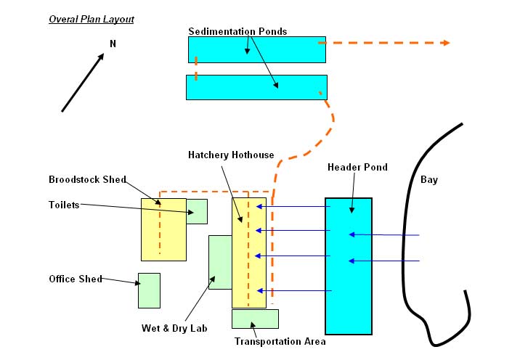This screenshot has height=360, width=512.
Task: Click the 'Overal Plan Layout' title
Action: pyautogui.click(x=91, y=19)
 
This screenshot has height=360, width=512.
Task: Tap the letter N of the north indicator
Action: pyautogui.click(x=113, y=44)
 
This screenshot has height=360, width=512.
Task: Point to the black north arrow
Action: pyautogui.click(x=82, y=83)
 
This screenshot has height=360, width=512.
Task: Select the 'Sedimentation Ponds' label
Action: pyautogui.click(x=237, y=31)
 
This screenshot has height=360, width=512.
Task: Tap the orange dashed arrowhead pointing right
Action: pyautogui.click(x=444, y=43)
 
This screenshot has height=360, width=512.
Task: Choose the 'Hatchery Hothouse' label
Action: pyautogui.click(x=231, y=155)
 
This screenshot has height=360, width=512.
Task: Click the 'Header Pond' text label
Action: pyautogui.click(x=357, y=167)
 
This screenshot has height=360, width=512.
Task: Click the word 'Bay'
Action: pyautogui.click(x=429, y=179)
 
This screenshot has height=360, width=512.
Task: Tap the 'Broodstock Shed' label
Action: pyautogui.click(x=87, y=179)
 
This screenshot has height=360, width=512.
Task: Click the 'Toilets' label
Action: pyautogui.click(x=64, y=205)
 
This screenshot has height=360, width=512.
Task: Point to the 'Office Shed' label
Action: pyautogui.click(x=76, y=279)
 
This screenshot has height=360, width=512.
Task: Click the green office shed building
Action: pyautogui.click(x=149, y=290)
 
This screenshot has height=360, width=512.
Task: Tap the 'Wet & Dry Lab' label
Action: pyautogui.click(x=174, y=328)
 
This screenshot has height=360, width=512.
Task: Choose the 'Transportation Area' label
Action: pyautogui.click(x=280, y=341)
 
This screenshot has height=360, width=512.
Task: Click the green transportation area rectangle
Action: pyautogui.click(x=255, y=319)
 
